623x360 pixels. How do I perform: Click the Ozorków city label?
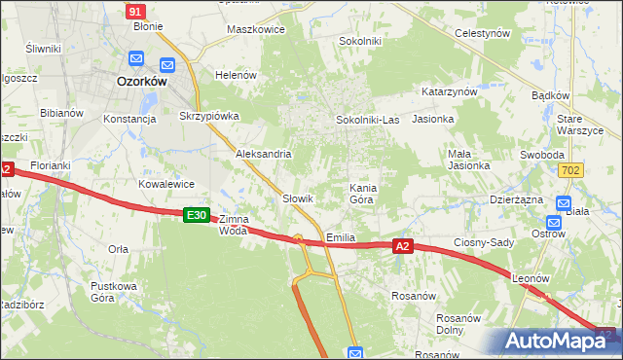click(142, 83)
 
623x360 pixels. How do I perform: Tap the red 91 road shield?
click(136, 11)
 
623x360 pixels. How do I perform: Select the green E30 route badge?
click(197, 215)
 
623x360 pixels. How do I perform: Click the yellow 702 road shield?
click(572, 170)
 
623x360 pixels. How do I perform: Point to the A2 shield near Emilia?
click(405, 247)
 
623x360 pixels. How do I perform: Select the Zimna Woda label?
click(234, 225)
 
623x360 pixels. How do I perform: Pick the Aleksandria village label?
click(264, 154)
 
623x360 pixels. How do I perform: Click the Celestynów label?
click(484, 32)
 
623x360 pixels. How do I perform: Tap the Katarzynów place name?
click(449, 90)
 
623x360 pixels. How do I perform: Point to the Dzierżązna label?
click(515, 198)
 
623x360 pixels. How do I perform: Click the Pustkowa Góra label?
click(113, 292)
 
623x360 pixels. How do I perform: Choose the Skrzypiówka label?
click(209, 116)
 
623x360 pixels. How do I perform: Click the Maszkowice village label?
click(255, 29)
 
